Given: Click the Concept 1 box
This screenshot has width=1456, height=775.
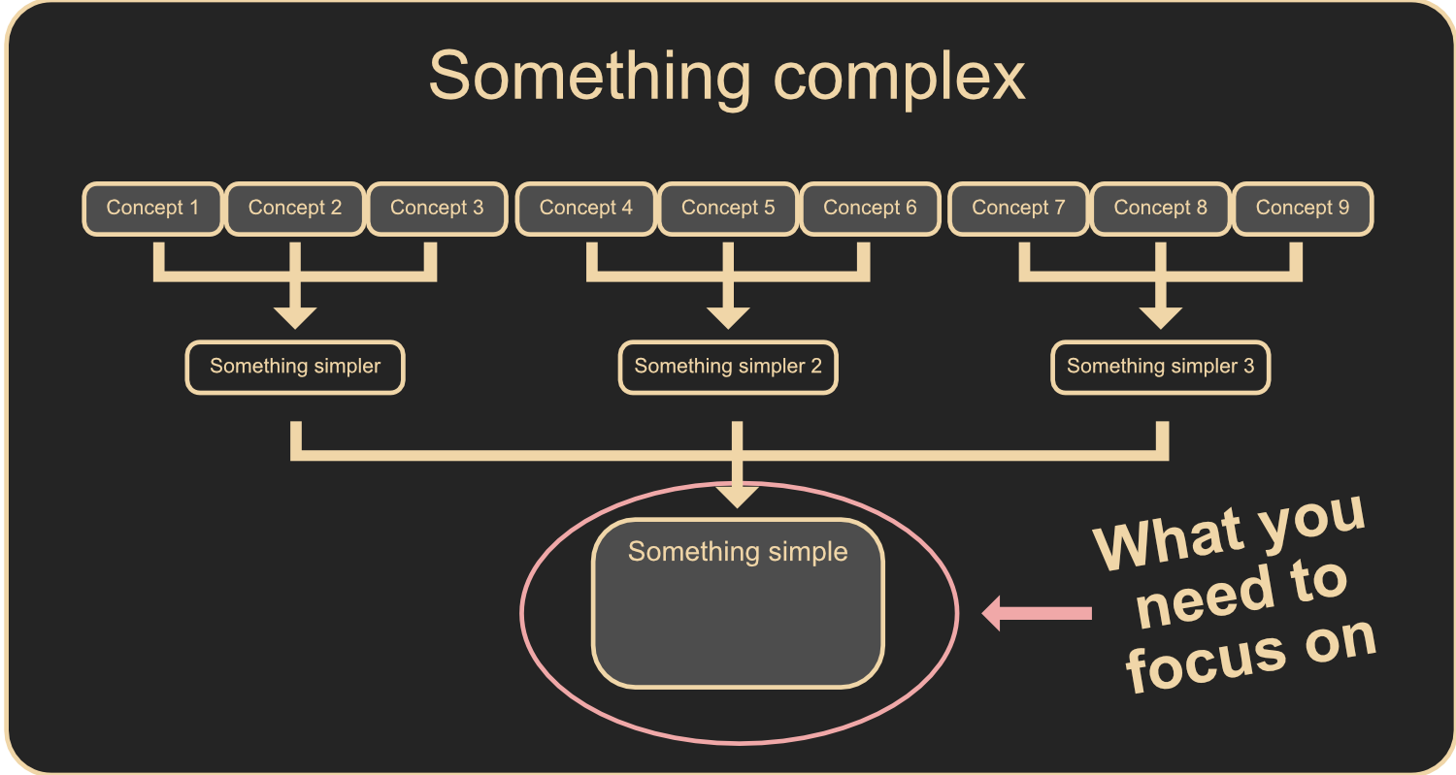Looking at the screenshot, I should pyautogui.click(x=152, y=209).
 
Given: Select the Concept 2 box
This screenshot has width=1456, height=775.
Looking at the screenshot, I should pyautogui.click(x=295, y=209).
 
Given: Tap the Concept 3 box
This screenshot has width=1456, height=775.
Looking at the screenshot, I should pyautogui.click(x=437, y=209).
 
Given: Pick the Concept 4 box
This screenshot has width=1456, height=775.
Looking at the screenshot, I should pyautogui.click(x=586, y=209).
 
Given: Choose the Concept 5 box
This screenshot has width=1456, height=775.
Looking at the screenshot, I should pyautogui.click(x=728, y=209).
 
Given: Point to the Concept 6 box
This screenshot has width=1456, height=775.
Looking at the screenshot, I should pyautogui.click(x=870, y=209).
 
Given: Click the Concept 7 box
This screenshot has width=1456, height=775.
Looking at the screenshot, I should pyautogui.click(x=1018, y=209).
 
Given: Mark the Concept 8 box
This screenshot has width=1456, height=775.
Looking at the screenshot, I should pyautogui.click(x=1160, y=209).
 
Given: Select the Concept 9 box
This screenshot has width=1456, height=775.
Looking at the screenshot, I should pyautogui.click(x=1303, y=209).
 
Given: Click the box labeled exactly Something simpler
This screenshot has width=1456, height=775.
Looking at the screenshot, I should pyautogui.click(x=295, y=367).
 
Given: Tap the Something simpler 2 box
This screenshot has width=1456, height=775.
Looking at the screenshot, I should pyautogui.click(x=728, y=367).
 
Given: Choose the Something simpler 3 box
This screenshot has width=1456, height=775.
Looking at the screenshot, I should pyautogui.click(x=1160, y=367).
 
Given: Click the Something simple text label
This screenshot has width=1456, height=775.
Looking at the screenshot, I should pyautogui.click(x=738, y=552).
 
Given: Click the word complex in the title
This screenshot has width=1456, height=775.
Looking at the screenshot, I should pyautogui.click(x=899, y=78).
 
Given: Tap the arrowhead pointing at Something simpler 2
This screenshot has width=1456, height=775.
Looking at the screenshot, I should pyautogui.click(x=728, y=317).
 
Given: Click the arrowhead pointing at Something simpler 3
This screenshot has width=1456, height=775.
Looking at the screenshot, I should pyautogui.click(x=1160, y=317).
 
